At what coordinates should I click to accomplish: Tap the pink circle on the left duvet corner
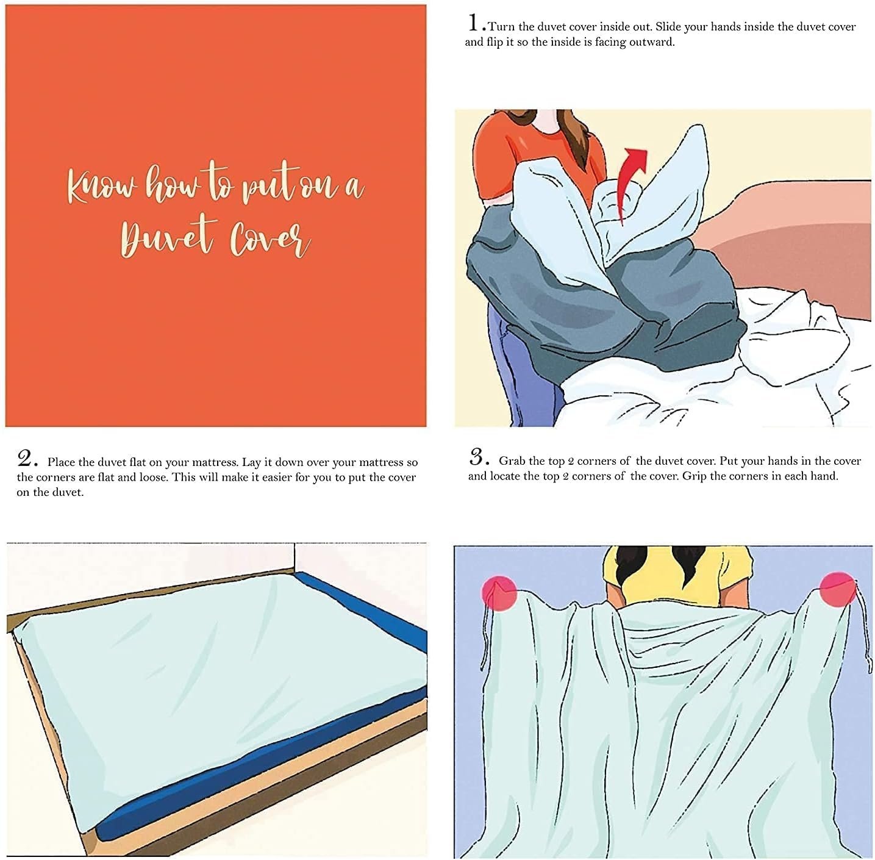click(x=499, y=592)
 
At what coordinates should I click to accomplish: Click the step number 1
click(x=474, y=23)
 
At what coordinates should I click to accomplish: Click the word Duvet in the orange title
click(x=166, y=236)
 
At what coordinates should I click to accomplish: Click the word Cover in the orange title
click(x=271, y=239)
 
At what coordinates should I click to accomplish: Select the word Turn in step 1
click(x=501, y=27)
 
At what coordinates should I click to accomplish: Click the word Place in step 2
click(x=62, y=462)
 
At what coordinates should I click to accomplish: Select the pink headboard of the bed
click(x=790, y=241)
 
